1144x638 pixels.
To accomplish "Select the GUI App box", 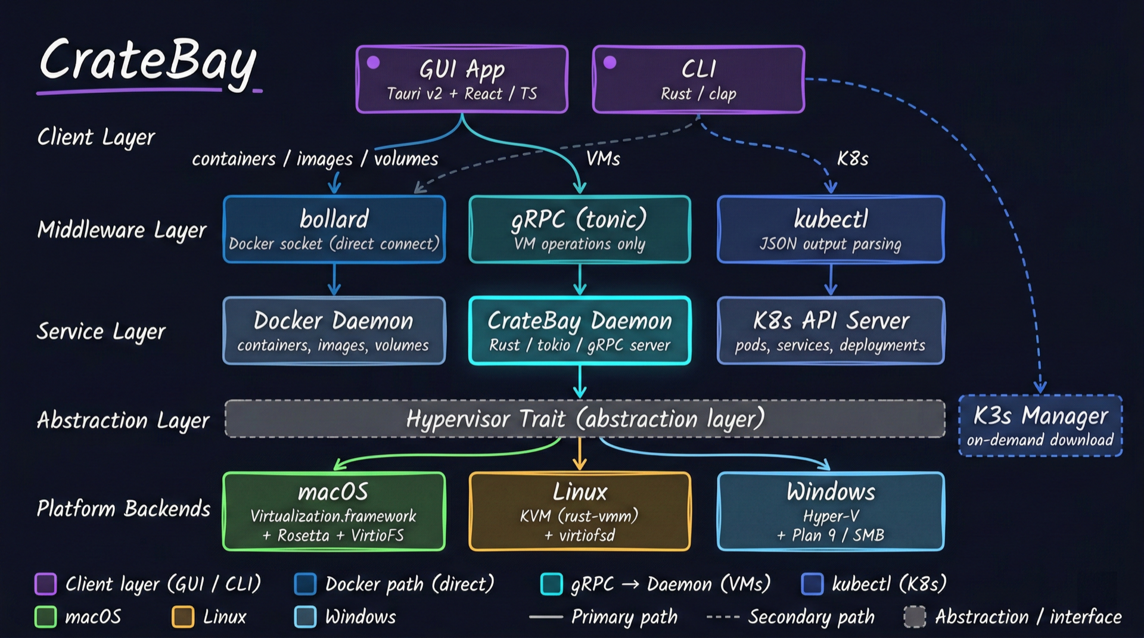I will coord(462,79).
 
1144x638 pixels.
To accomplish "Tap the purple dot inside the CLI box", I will coord(610,63).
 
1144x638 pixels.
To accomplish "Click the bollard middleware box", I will coord(334,229).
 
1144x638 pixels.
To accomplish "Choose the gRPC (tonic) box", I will coord(580,229).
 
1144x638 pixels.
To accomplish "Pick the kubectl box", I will coord(831,229).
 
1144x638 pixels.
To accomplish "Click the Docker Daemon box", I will coord(334,331).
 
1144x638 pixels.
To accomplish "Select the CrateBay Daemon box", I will coord(580,331).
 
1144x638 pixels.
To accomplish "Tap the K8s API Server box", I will coord(831,331).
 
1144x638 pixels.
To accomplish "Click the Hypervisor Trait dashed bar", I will coord(585,419).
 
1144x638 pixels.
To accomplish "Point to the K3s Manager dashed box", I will coord(1040,426).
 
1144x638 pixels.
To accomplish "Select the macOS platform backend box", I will coord(334,511).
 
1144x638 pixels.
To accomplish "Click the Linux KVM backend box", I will coord(580,511).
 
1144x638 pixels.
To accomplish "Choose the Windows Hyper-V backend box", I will coord(831,511).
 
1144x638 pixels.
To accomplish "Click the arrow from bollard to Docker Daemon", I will coord(334,279).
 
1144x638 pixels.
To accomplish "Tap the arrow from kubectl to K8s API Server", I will coord(831,279).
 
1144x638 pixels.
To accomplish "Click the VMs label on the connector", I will coord(603,158).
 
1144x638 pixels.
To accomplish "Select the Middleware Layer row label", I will coord(122,230).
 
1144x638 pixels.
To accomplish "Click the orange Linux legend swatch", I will coord(183,617).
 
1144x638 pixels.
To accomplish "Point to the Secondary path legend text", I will coord(811,617).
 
